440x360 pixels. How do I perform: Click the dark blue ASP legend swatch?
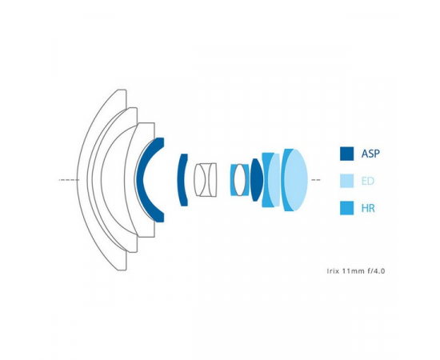point(346,154)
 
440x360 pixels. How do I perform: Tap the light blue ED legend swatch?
point(346,181)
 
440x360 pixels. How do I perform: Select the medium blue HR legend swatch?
point(346,208)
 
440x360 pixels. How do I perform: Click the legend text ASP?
point(370,154)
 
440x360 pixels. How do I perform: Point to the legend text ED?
point(368,181)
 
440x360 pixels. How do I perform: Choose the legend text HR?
point(368,208)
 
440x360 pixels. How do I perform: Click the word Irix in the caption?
point(334,271)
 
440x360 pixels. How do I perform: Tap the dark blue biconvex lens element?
point(257,180)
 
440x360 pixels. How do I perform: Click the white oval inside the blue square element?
point(239,180)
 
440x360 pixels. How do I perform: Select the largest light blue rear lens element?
point(296,180)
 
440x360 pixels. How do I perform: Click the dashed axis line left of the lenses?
point(69,180)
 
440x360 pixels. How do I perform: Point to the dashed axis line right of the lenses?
point(316,180)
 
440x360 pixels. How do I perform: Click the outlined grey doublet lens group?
point(205,179)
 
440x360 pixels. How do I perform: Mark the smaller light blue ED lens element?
point(274,180)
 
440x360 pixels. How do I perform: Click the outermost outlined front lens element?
point(82,179)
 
